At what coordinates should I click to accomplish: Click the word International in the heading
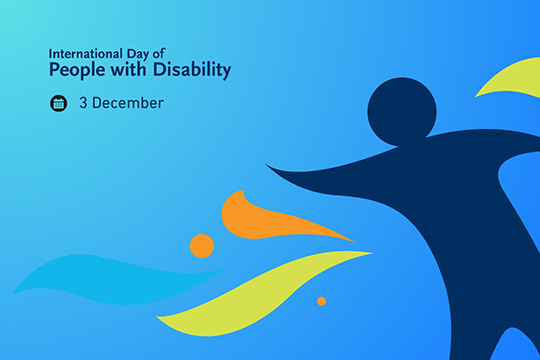pyautogui.click(x=84, y=52)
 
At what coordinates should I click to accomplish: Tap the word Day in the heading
pyautogui.click(x=136, y=52)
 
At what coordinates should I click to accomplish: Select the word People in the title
pyautogui.click(x=76, y=71)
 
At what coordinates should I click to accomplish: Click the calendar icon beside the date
pyautogui.click(x=59, y=103)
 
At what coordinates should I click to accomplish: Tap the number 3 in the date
pyautogui.click(x=83, y=103)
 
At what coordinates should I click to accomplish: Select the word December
pyautogui.click(x=129, y=103)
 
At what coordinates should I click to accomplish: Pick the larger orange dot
pyautogui.click(x=202, y=246)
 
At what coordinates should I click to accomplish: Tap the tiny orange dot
pyautogui.click(x=321, y=301)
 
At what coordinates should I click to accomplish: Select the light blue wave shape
pyautogui.click(x=100, y=275)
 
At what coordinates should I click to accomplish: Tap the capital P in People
pyautogui.click(x=55, y=71)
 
